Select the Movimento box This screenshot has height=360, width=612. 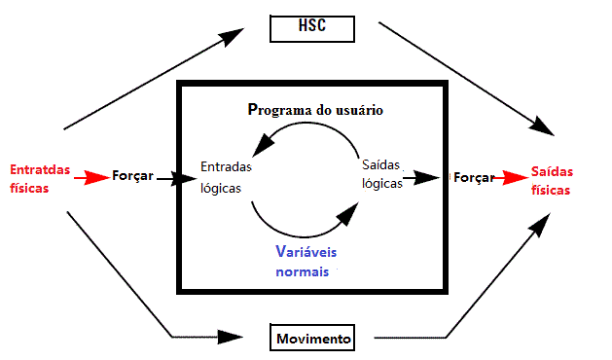pos(311,339)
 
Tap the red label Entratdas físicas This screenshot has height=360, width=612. pos(40,177)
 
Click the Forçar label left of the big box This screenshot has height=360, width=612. pos(132,177)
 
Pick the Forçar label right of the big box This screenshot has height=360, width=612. pos(473,178)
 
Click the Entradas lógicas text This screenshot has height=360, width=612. pos(226,177)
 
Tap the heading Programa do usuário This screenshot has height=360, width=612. pos(315,110)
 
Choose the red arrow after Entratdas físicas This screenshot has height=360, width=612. pos(94,177)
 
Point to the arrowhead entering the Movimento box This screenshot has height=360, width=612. pos(231,337)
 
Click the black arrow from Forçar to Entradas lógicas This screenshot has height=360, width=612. pos(175,178)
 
